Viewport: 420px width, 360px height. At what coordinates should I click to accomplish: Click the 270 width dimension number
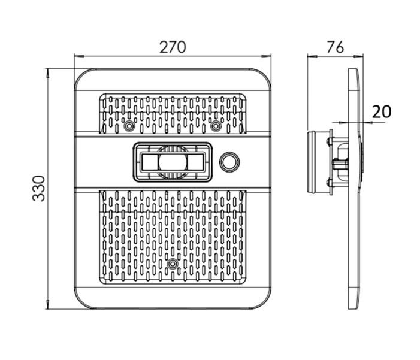click(x=173, y=47)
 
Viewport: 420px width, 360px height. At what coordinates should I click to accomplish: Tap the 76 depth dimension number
click(x=335, y=47)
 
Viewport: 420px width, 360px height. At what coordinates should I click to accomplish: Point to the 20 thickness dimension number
click(x=381, y=111)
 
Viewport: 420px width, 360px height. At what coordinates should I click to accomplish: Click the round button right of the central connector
click(x=229, y=161)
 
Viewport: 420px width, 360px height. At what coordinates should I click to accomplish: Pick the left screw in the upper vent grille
click(x=129, y=126)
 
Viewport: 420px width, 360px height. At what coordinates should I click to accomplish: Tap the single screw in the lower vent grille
click(x=173, y=264)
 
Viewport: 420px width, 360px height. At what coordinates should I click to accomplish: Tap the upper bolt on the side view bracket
click(x=328, y=141)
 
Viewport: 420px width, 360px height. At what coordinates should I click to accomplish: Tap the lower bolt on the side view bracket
click(x=328, y=182)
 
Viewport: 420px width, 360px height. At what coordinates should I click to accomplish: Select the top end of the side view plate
click(x=354, y=71)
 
